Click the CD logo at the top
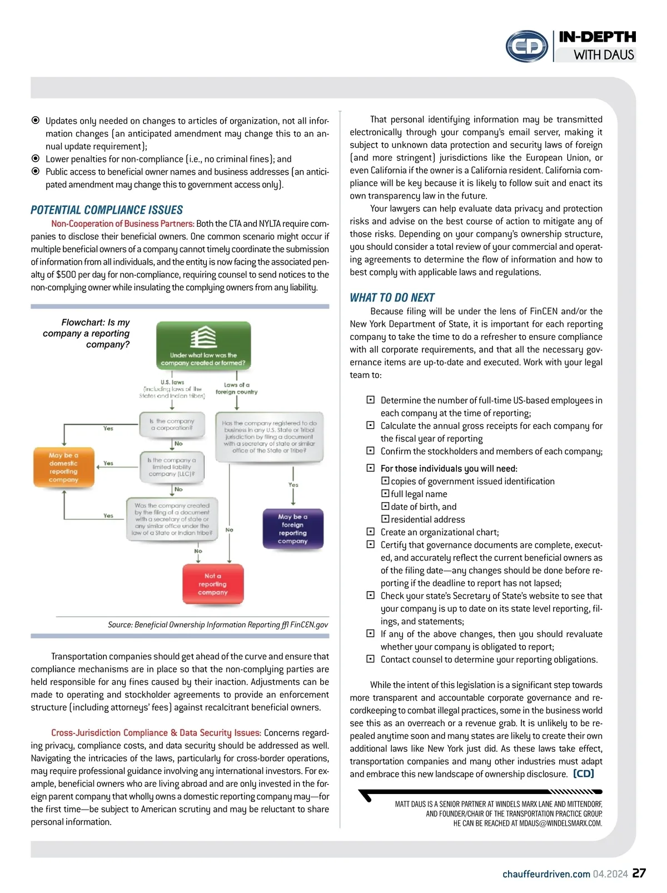(x=527, y=46)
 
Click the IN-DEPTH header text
(x=597, y=37)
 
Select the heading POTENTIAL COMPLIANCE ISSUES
(x=107, y=210)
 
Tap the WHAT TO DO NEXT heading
(x=392, y=297)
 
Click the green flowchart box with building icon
(x=203, y=345)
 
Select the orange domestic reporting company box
(x=63, y=468)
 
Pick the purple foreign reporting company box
(x=292, y=529)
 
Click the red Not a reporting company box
(x=213, y=584)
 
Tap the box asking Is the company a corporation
(x=172, y=425)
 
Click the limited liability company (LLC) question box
(x=171, y=467)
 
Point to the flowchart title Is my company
(x=89, y=333)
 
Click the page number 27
(x=639, y=873)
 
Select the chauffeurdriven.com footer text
(x=546, y=874)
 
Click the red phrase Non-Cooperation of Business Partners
(x=123, y=224)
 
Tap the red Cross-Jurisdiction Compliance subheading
(x=156, y=733)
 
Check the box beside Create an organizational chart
(x=371, y=532)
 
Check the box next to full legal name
(x=385, y=494)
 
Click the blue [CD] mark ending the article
(x=584, y=773)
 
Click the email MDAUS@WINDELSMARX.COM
(x=560, y=823)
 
